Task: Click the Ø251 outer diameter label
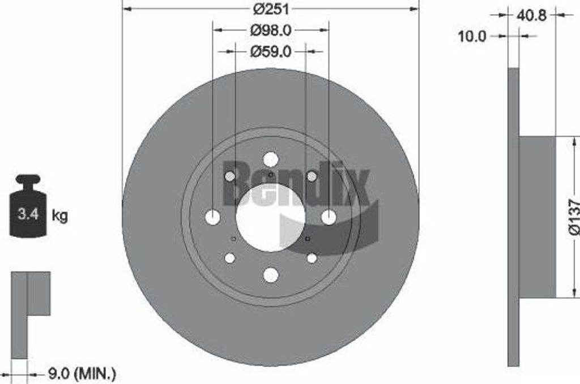(271, 9)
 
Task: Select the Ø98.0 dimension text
(271, 30)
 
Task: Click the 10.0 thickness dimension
(472, 36)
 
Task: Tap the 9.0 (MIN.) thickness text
(80, 374)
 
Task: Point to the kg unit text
(59, 215)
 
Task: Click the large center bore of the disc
(271, 217)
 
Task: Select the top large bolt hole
(271, 159)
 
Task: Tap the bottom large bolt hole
(271, 275)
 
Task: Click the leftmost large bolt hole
(213, 217)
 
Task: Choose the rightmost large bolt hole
(329, 217)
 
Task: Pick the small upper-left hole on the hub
(230, 176)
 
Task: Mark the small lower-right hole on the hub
(312, 258)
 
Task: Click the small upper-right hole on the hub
(312, 176)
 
